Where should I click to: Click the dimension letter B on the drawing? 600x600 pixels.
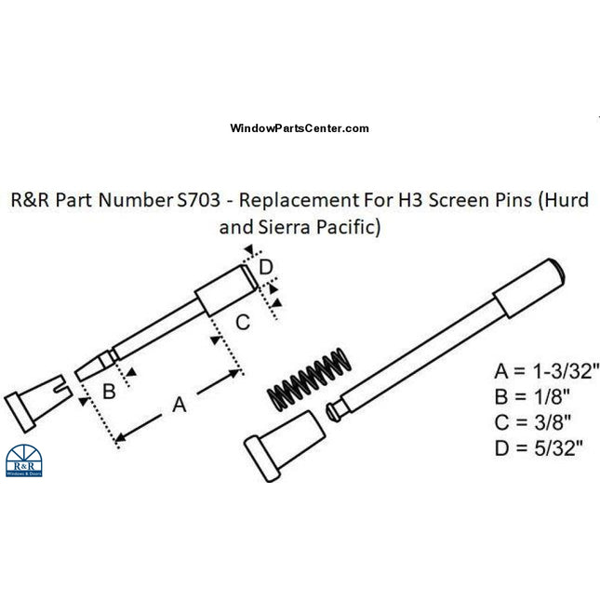108,391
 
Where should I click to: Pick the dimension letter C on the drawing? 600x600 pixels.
241,323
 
